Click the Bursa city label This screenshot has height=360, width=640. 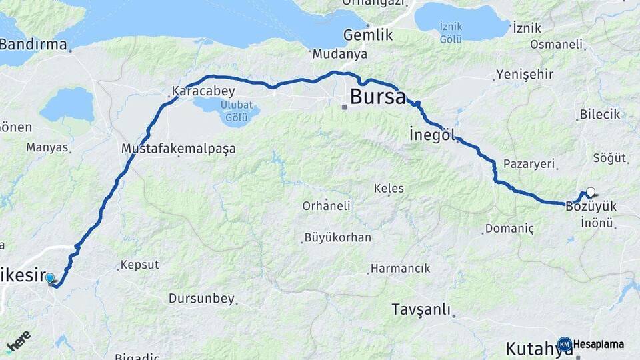click(x=377, y=98)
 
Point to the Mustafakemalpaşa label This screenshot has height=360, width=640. click(x=179, y=148)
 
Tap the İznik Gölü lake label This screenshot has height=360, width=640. click(x=451, y=33)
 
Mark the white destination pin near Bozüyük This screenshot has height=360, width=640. click(x=590, y=193)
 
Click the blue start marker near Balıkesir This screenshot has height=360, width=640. click(x=50, y=278)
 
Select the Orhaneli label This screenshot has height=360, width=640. click(x=326, y=206)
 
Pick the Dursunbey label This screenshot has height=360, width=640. click(x=201, y=299)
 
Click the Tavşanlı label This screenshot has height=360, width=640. click(x=421, y=310)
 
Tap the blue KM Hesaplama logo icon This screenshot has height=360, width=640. click(x=565, y=345)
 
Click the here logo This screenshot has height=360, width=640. click(x=19, y=342)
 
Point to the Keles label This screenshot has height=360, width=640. click(x=389, y=189)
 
